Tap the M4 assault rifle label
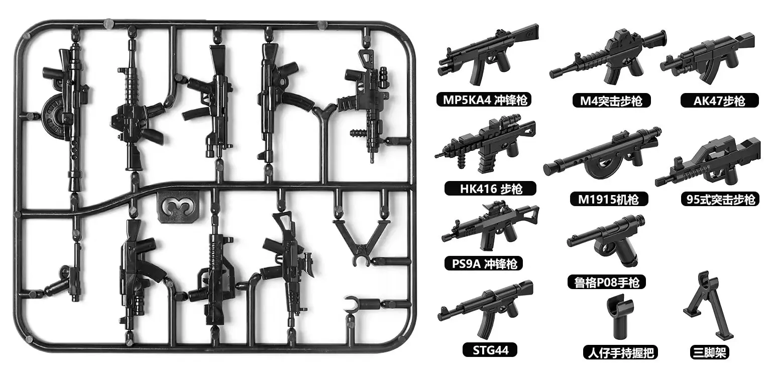pos(611,101)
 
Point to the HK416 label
pos(490,189)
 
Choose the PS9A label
pos(484,263)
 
